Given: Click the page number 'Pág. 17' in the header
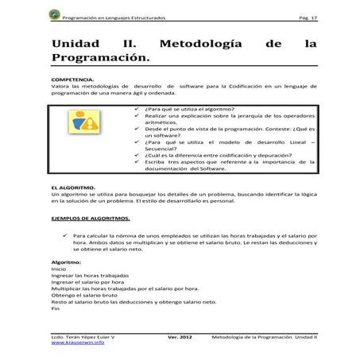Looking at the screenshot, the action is click(x=304, y=16).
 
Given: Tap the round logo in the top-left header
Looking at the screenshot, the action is click(x=53, y=16).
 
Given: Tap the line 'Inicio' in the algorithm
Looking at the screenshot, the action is click(x=59, y=269).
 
